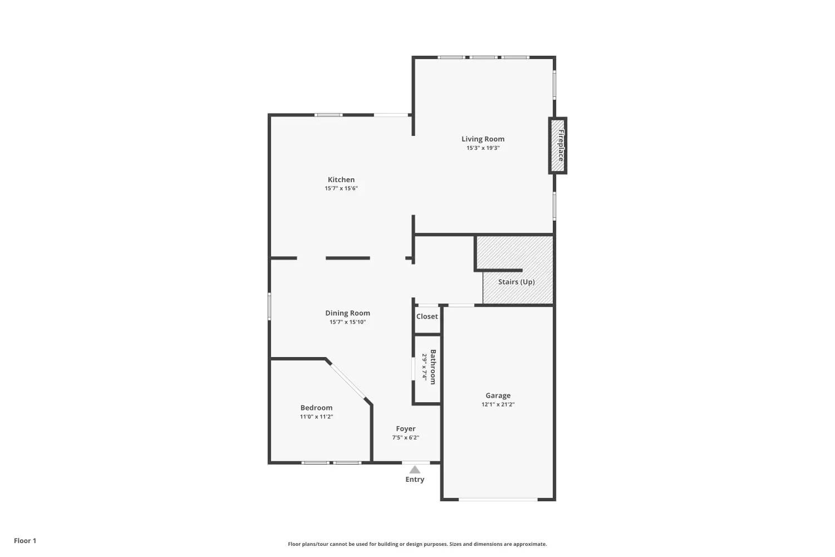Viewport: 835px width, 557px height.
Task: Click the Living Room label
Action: click(x=483, y=139)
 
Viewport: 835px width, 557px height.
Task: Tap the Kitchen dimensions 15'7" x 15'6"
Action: click(x=341, y=188)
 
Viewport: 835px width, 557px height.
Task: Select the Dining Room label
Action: click(x=347, y=313)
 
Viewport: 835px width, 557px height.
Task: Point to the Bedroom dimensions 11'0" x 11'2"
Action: click(x=317, y=417)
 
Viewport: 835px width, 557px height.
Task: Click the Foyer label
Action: click(x=406, y=429)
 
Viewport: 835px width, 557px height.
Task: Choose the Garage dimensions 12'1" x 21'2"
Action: click(x=498, y=404)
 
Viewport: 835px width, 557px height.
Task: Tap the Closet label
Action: click(x=427, y=316)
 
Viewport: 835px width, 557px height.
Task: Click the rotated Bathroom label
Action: click(x=433, y=367)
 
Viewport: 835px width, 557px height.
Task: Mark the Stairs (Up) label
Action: click(x=516, y=282)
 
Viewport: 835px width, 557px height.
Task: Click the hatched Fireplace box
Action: click(x=558, y=145)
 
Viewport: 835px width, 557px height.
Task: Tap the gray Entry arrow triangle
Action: click(x=415, y=470)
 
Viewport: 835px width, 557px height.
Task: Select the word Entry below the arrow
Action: click(x=415, y=480)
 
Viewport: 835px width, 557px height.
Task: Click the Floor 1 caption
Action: click(x=25, y=541)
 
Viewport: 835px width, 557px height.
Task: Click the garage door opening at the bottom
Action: click(x=498, y=499)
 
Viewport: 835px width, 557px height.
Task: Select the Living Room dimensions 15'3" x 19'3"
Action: click(x=483, y=148)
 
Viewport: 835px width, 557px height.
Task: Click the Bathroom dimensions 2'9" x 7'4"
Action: click(x=424, y=367)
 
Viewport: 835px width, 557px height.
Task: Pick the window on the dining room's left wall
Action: click(x=269, y=307)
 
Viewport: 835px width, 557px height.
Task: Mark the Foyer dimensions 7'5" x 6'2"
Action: click(x=406, y=438)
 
